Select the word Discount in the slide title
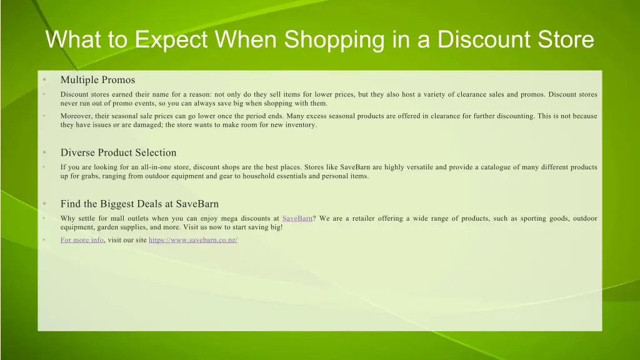pyautogui.click(x=485, y=40)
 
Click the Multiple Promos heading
pyautogui.click(x=97, y=80)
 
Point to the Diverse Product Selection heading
pyautogui.click(x=118, y=152)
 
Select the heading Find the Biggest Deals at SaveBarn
pyautogui.click(x=139, y=204)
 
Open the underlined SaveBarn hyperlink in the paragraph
pyautogui.click(x=297, y=219)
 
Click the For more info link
pyautogui.click(x=82, y=240)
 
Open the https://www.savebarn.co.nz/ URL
pyautogui.click(x=193, y=240)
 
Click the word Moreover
pyautogui.click(x=76, y=116)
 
